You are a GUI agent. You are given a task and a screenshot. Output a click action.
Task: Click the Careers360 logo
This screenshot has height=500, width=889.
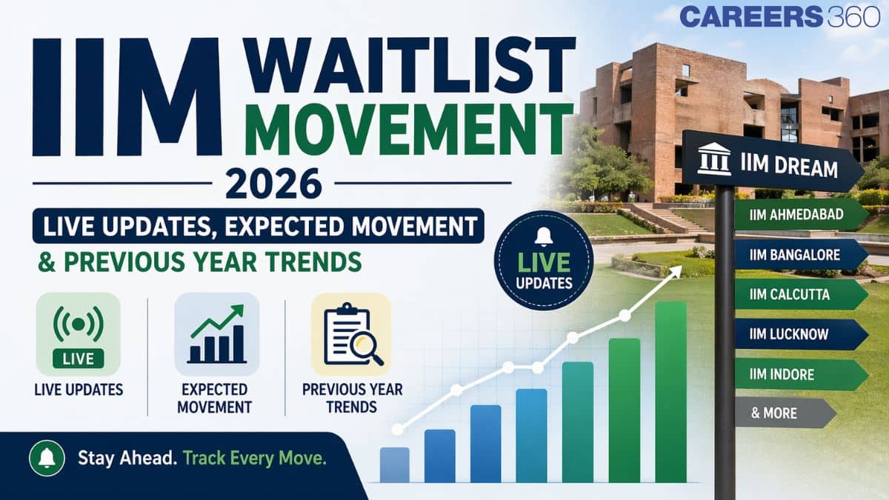779,16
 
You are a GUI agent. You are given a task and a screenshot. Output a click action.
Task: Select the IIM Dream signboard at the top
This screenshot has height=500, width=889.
770,165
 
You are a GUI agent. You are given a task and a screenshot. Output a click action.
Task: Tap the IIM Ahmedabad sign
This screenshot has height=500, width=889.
799,215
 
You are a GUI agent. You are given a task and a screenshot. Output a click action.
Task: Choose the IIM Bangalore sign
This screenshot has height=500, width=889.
799,255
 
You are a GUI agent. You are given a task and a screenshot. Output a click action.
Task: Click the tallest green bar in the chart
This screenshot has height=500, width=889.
670,393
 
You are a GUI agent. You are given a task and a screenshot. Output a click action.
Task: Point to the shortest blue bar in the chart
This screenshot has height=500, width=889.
394,465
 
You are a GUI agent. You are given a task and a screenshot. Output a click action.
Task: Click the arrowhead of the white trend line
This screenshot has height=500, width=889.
675,271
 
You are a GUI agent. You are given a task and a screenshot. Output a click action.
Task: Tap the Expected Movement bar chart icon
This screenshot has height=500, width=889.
216,334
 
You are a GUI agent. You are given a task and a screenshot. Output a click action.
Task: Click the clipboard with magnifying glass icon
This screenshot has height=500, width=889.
350,334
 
